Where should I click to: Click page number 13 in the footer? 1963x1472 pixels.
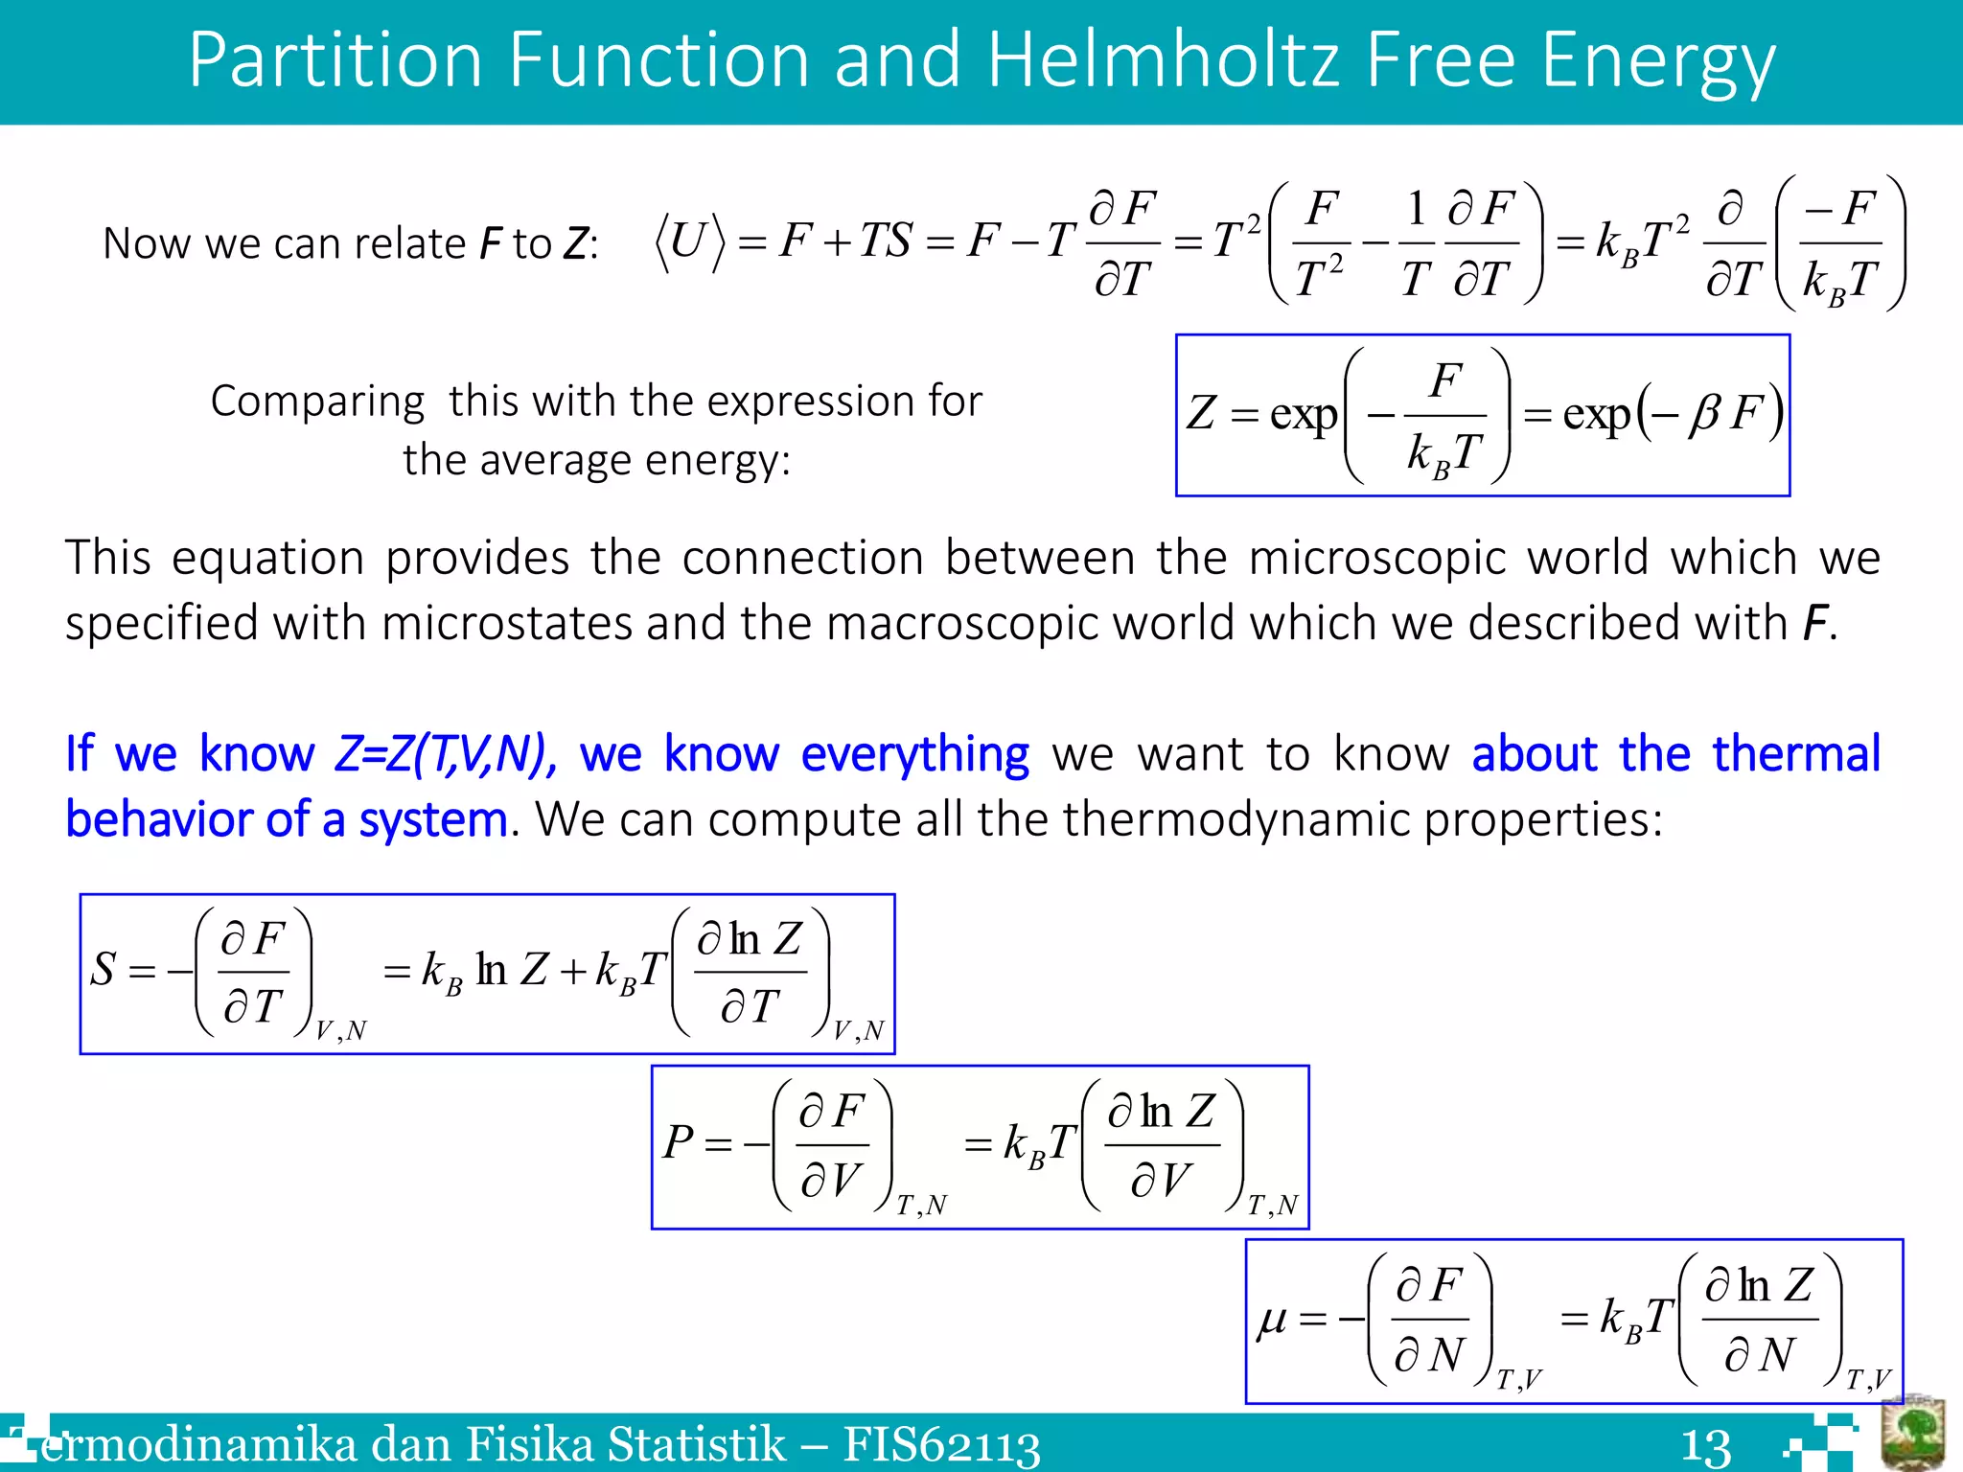coord(1705,1446)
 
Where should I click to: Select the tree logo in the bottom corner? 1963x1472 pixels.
coord(1912,1435)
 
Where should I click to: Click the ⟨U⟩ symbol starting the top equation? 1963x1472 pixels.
coord(688,241)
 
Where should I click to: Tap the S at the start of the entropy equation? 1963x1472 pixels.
coord(104,970)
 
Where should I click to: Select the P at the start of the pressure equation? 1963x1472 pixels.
coord(678,1142)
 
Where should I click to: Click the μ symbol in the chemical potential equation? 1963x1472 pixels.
coord(1272,1320)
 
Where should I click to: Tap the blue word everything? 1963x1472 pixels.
coord(914,754)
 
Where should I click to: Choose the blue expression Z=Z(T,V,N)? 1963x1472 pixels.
coord(445,754)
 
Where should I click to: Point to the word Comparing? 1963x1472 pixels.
coord(317,402)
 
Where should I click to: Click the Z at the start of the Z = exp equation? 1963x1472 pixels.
coord(1201,414)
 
